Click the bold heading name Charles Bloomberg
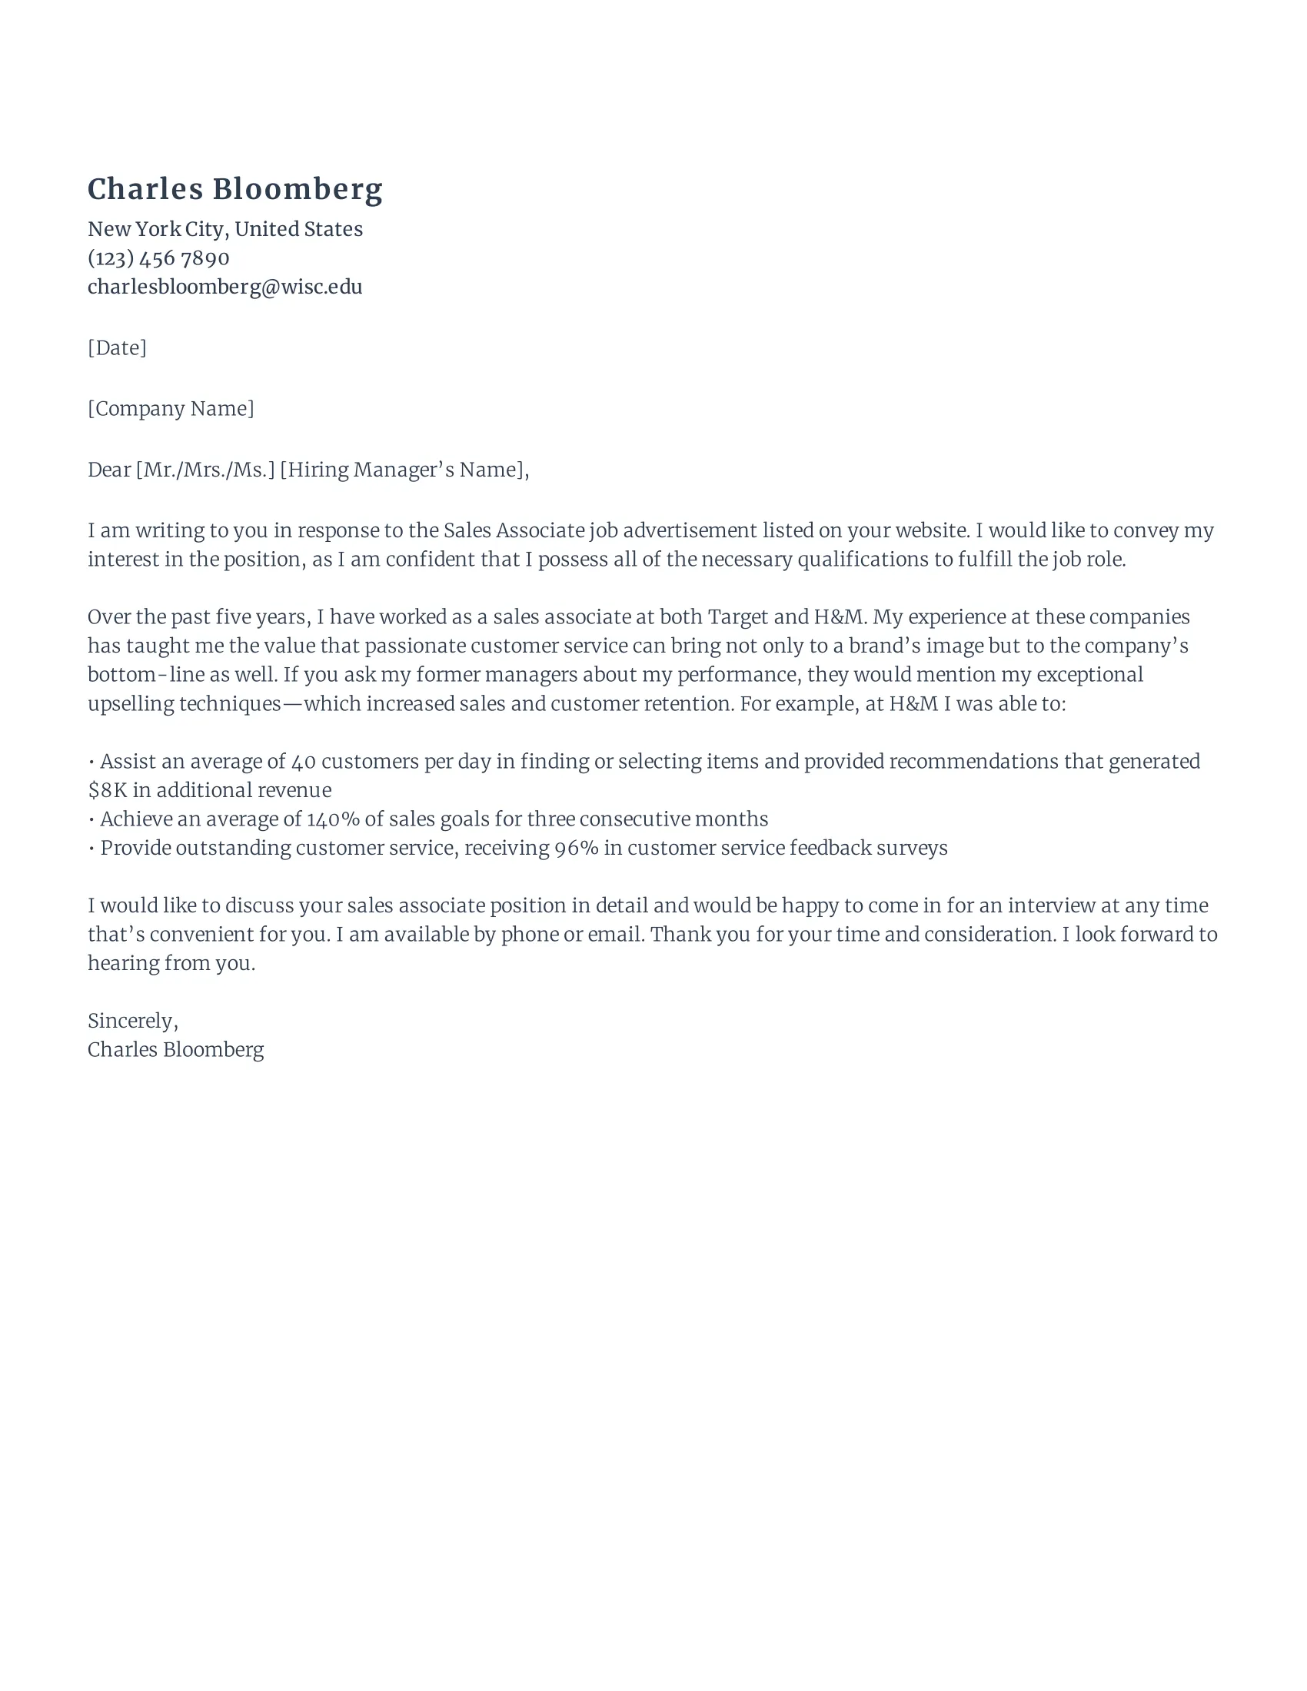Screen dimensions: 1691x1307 point(234,190)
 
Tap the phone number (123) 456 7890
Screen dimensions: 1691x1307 point(158,257)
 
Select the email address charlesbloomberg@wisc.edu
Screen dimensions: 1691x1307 point(224,287)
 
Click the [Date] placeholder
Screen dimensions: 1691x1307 point(117,347)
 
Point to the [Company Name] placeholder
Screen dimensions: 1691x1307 point(171,409)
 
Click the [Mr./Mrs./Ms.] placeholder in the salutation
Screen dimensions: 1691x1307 point(205,470)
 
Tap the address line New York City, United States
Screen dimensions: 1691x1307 point(224,229)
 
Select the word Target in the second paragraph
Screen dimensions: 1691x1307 point(737,617)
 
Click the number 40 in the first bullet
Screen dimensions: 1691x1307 point(304,762)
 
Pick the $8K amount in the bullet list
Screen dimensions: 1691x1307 point(107,790)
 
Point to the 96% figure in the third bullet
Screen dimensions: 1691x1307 point(576,849)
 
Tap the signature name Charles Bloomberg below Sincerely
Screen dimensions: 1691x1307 point(175,1050)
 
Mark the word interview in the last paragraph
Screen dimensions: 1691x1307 point(1051,906)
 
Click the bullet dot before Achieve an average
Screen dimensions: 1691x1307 point(92,820)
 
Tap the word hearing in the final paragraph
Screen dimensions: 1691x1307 point(122,964)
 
